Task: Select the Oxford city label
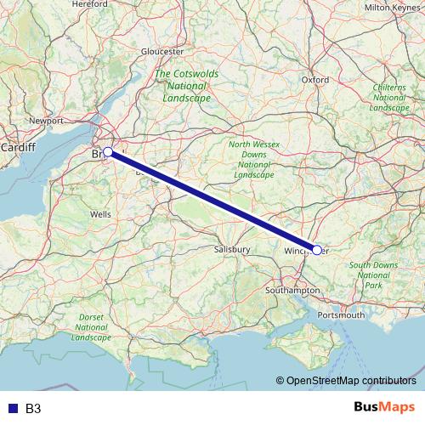[314, 80]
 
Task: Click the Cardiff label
[18, 147]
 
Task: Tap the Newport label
[47, 122]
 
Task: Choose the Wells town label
[100, 215]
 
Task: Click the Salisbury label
[232, 249]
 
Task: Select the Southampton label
[291, 290]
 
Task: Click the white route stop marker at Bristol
[108, 152]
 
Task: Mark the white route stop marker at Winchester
[317, 250]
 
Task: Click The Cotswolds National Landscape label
[186, 86]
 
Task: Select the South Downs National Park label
[374, 275]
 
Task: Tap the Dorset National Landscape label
[92, 326]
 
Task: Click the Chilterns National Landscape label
[390, 98]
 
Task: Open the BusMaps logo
[384, 408]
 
